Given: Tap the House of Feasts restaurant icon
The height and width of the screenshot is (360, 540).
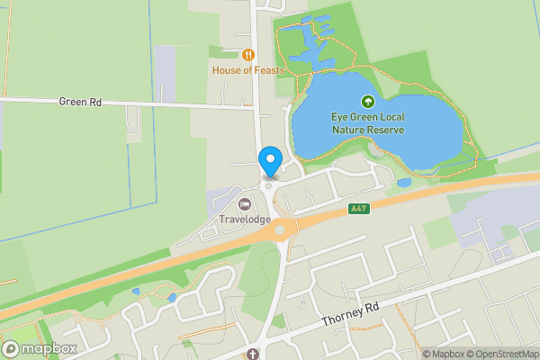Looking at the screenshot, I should [247, 55].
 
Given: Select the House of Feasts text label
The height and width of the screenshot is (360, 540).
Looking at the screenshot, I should [248, 70].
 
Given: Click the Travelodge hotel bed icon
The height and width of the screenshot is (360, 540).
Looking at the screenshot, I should [245, 204].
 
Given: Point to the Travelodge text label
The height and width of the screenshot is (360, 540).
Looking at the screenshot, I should [245, 219].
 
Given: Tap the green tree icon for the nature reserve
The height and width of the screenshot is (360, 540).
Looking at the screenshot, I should [367, 102].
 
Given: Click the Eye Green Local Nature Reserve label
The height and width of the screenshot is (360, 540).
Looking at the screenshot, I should [367, 123].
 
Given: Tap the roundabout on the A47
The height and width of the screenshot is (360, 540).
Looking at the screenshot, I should [281, 229].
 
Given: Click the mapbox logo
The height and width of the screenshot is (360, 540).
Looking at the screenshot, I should [40, 348].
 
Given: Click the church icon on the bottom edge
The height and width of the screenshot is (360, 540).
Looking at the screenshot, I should [253, 355].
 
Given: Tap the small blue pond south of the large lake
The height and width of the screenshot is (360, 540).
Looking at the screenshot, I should [404, 183].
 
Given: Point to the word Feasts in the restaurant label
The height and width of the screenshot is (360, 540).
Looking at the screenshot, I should [268, 70].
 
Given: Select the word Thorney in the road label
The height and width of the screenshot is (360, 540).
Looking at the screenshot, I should [339, 318].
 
